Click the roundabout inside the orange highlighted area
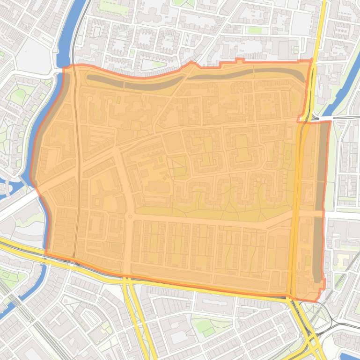click(130, 216)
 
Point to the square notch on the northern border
click(239, 60)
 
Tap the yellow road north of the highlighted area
click(321, 28)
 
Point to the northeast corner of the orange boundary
click(311, 60)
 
